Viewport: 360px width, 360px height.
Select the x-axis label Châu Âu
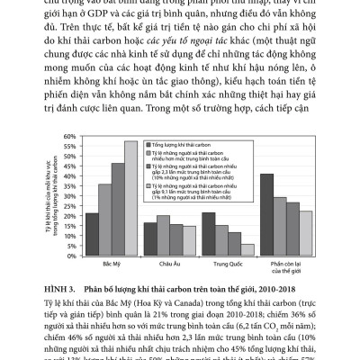coord(157,264)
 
